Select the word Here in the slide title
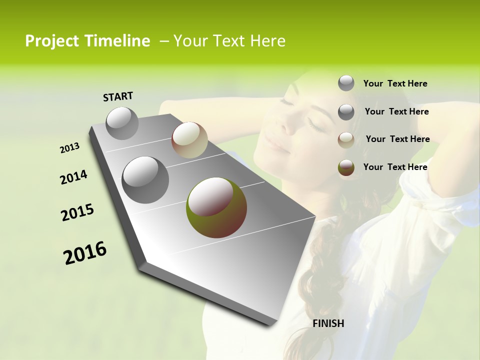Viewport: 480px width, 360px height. [267, 41]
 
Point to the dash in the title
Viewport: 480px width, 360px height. [163, 41]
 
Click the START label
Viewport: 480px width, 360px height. [118, 96]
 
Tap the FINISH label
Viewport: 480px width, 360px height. [328, 323]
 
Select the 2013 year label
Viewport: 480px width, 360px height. [69, 148]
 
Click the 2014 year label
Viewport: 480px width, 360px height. [73, 177]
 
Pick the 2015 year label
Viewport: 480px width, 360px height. [77, 212]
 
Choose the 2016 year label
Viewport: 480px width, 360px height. [85, 253]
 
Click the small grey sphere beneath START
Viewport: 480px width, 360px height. [122, 123]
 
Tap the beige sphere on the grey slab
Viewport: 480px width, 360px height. [189, 140]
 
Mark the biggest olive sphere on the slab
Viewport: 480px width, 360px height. [216, 207]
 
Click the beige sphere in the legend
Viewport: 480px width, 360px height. [346, 140]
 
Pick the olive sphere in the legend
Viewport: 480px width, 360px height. [346, 168]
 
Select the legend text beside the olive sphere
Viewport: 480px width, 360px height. [395, 167]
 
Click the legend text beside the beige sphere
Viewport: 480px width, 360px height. [397, 139]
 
